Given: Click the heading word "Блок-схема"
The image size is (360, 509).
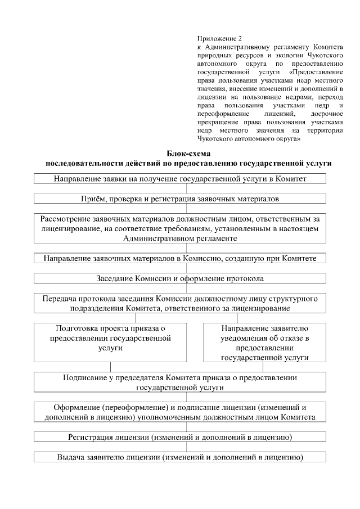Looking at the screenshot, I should (x=188, y=153).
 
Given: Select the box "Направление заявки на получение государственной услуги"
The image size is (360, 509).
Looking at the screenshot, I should (x=180, y=179).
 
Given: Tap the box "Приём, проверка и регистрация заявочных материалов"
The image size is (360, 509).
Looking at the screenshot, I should (x=180, y=199).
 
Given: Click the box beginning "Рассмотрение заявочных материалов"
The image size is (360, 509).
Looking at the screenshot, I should (x=180, y=228).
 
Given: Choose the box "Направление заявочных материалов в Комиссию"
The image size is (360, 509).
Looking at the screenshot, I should (x=180, y=258).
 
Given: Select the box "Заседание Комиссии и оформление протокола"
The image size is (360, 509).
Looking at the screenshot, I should (x=180, y=278).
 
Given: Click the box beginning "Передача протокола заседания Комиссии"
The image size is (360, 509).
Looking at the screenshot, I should (x=180, y=303).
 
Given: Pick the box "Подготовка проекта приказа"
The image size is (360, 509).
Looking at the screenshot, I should (x=110, y=341).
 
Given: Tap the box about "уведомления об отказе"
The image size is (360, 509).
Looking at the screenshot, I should (x=264, y=341).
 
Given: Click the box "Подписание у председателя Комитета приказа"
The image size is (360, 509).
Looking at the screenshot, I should (x=180, y=382).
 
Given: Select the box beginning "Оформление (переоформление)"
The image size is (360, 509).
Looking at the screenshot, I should (x=180, y=412).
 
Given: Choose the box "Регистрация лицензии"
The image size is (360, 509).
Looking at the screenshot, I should (x=180, y=437).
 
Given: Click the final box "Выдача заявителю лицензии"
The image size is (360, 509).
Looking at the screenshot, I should (x=180, y=457).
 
